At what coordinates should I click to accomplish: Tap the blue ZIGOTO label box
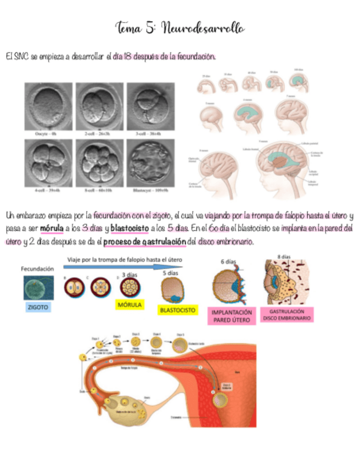[37, 308]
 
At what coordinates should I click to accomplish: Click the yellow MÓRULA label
[130, 304]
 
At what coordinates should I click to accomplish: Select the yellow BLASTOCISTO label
[177, 310]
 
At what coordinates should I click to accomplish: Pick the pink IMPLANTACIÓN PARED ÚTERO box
[231, 316]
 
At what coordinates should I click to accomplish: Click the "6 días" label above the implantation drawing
[227, 262]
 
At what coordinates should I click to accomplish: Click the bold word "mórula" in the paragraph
[52, 228]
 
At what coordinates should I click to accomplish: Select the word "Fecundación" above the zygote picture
[37, 269]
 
